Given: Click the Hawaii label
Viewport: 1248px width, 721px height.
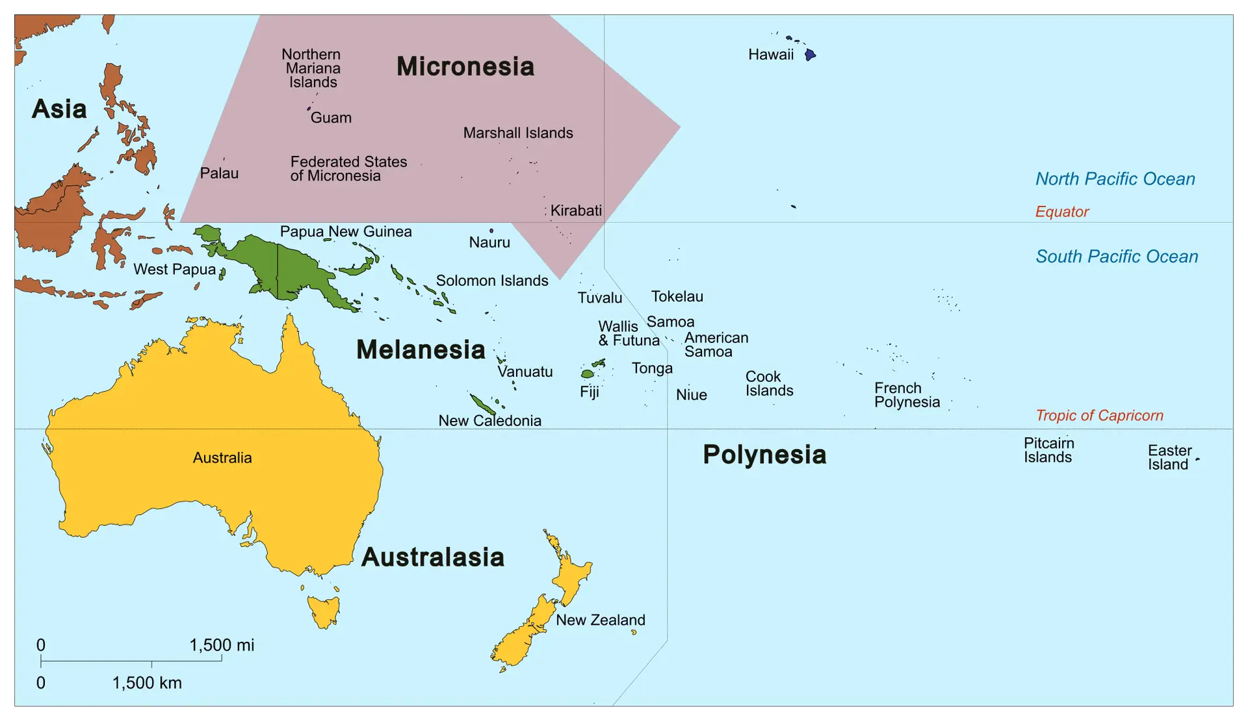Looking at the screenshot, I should [x=771, y=55].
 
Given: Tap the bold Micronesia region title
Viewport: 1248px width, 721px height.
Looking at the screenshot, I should [x=465, y=66].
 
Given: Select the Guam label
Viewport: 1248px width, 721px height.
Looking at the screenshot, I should [x=331, y=118].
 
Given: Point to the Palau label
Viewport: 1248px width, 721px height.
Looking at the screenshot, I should [x=219, y=173].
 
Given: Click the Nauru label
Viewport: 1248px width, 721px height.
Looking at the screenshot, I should [x=489, y=242].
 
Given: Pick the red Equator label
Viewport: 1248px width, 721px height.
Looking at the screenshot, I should [x=1061, y=212].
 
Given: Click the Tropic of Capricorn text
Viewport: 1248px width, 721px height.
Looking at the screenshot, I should [x=1099, y=416].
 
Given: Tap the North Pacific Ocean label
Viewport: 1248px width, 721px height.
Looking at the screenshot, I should [x=1115, y=179].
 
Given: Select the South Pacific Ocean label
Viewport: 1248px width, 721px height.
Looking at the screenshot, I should [x=1117, y=257].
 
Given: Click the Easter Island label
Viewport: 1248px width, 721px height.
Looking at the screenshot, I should [x=1169, y=457].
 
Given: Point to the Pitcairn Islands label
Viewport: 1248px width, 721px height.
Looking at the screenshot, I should [x=1048, y=450].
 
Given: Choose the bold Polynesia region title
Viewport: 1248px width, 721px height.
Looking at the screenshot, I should [x=764, y=455].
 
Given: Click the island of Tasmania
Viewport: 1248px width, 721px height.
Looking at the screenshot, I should [x=324, y=611].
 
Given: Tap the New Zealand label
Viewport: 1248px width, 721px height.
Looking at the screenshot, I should [x=600, y=620].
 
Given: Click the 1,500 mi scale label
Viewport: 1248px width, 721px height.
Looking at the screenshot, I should [x=222, y=645].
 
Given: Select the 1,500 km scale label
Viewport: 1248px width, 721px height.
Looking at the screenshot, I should [x=147, y=683].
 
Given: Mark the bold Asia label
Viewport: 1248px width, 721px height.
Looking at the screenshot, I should [x=59, y=109].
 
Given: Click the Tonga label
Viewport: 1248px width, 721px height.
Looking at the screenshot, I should [x=652, y=369].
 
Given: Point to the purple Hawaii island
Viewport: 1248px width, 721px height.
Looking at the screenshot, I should [x=810, y=55].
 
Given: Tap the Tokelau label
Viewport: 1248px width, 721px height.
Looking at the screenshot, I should [x=677, y=297].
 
